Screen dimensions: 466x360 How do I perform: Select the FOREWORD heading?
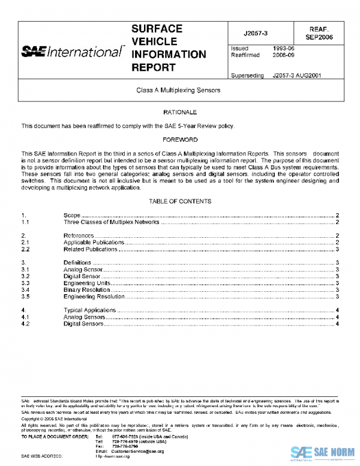point(179,139)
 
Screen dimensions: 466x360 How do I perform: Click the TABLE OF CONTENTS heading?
point(179,201)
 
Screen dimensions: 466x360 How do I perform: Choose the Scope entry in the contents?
point(71,215)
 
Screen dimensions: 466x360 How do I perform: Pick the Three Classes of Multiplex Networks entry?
point(112,222)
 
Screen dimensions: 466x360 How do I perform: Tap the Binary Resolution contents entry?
point(86,290)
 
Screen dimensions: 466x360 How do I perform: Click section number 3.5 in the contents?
point(26,297)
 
